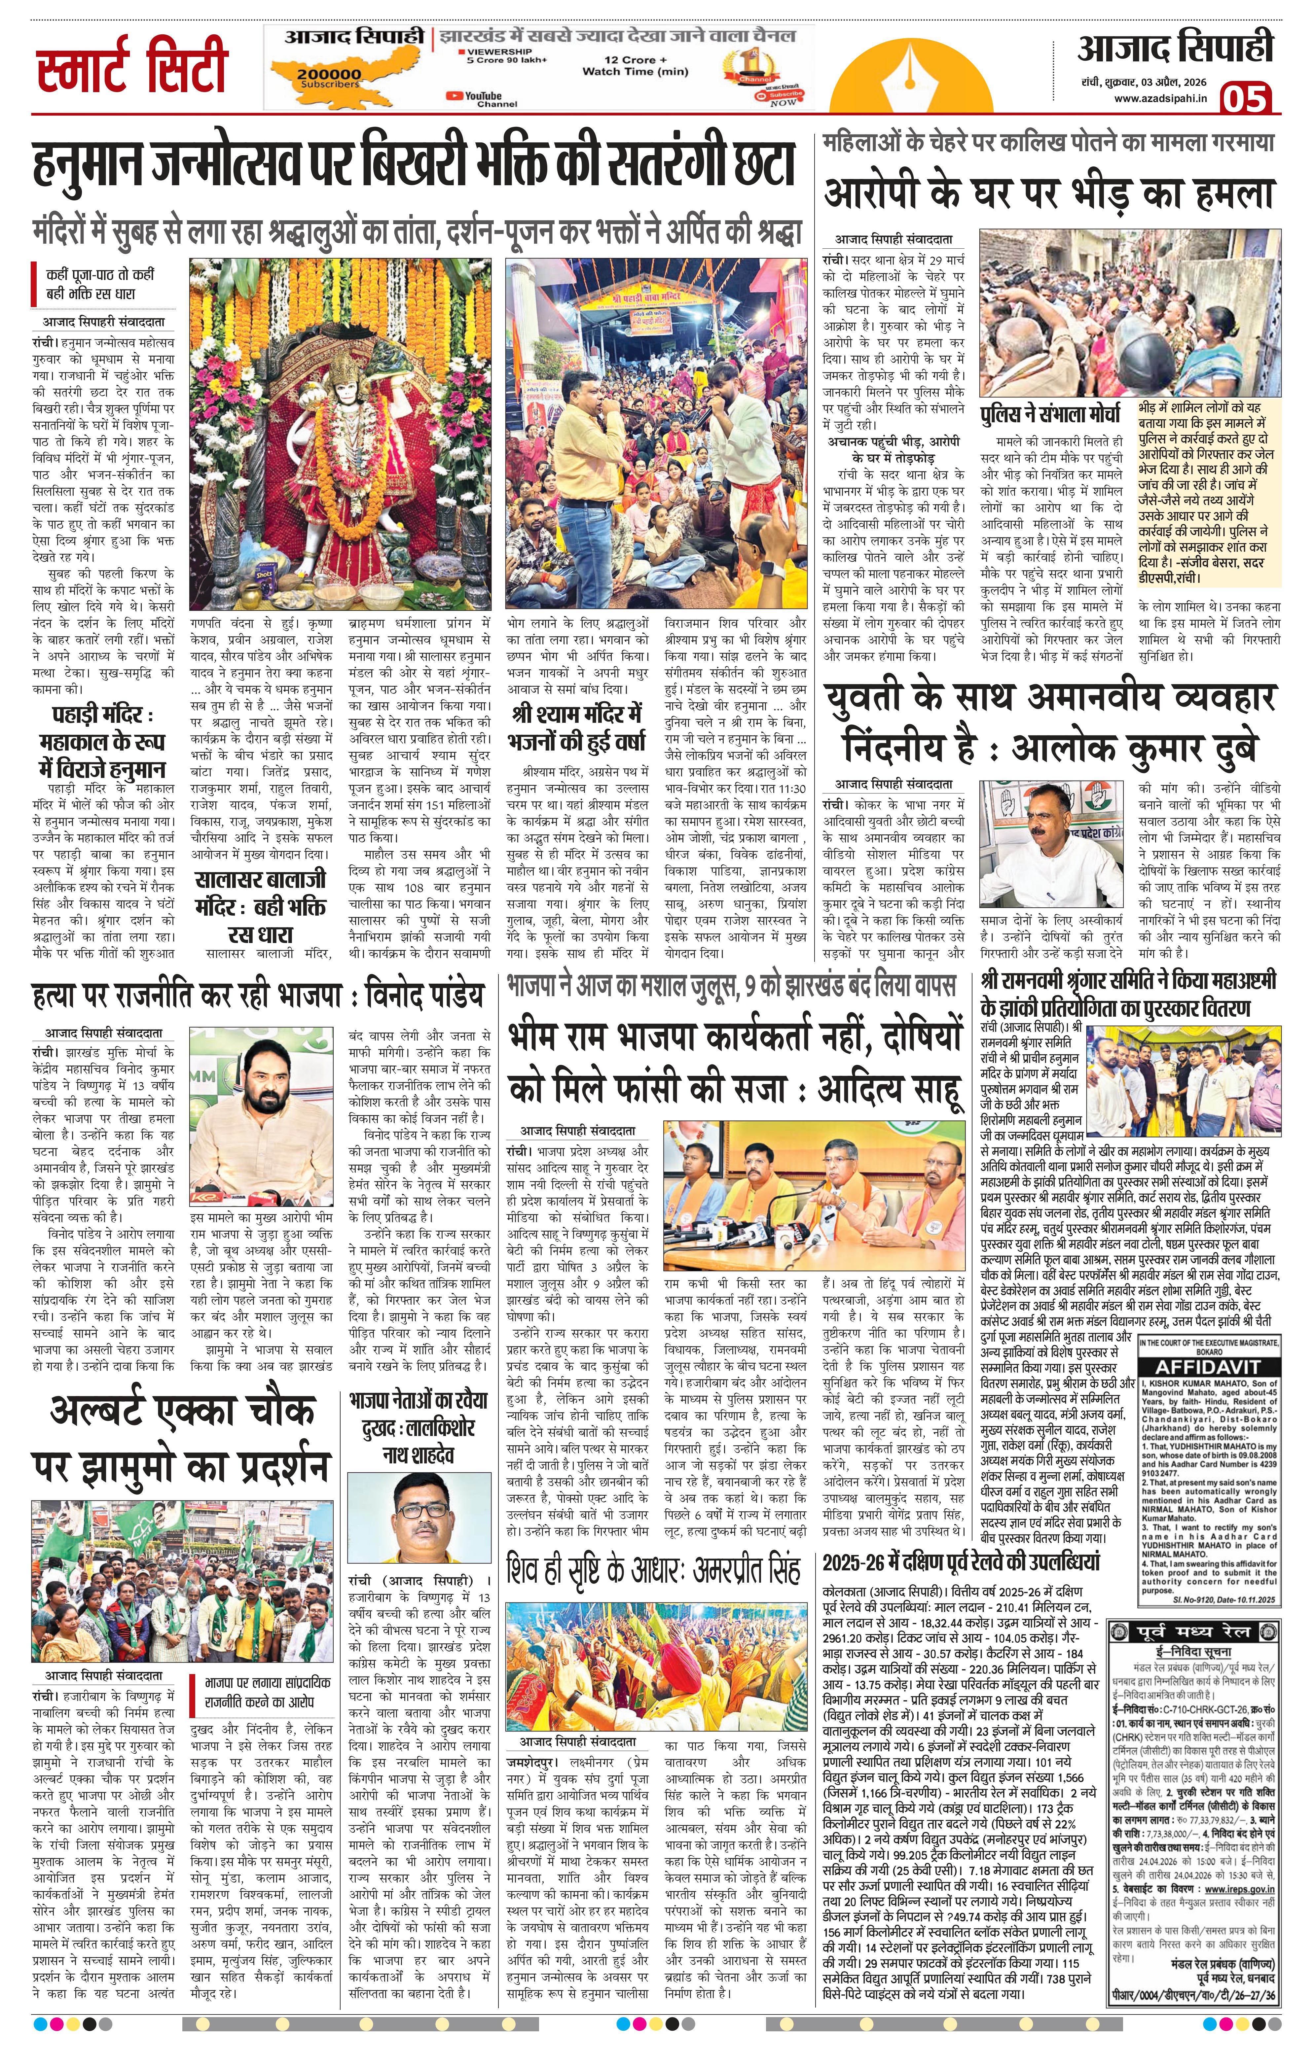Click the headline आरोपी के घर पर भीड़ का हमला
[1048, 192]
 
